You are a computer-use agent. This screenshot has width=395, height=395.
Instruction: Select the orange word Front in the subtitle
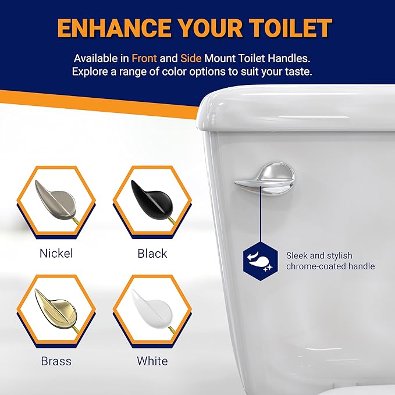145,59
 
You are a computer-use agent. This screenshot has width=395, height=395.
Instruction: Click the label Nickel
56,254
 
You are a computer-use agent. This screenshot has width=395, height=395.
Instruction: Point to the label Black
152,254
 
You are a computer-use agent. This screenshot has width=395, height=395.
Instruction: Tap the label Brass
56,361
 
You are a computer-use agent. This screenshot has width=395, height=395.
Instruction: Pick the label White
152,361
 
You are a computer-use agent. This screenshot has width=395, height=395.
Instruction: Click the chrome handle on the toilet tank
268,177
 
